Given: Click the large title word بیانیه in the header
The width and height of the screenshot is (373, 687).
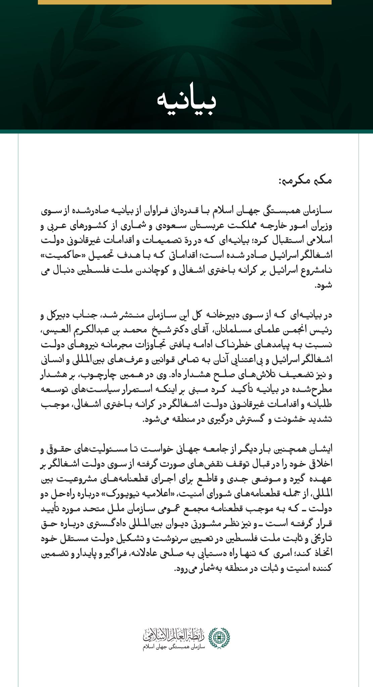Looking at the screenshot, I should pyautogui.click(x=187, y=102).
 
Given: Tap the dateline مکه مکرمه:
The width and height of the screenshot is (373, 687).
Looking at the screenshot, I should pyautogui.click(x=305, y=181).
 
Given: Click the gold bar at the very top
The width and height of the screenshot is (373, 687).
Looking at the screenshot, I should pyautogui.click(x=185, y=2).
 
